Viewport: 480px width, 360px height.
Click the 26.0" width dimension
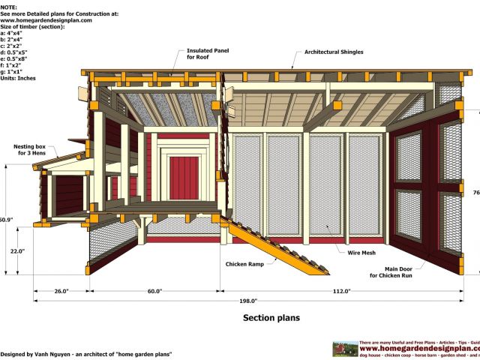(x=61, y=291)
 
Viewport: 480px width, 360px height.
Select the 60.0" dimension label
(x=154, y=291)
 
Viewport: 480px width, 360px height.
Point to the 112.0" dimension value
(x=340, y=291)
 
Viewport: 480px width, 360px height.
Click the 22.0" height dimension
(x=16, y=251)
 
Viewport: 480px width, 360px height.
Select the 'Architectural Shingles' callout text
(x=334, y=52)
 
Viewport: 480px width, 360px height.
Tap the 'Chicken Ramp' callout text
(x=243, y=264)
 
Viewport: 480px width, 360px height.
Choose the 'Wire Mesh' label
(x=361, y=253)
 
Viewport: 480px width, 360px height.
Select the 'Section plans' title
(x=271, y=317)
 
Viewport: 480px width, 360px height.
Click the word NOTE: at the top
(x=9, y=4)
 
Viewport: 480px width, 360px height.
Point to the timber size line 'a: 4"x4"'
(x=13, y=33)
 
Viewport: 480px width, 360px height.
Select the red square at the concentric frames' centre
(x=179, y=176)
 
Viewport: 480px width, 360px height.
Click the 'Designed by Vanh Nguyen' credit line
(x=86, y=353)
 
